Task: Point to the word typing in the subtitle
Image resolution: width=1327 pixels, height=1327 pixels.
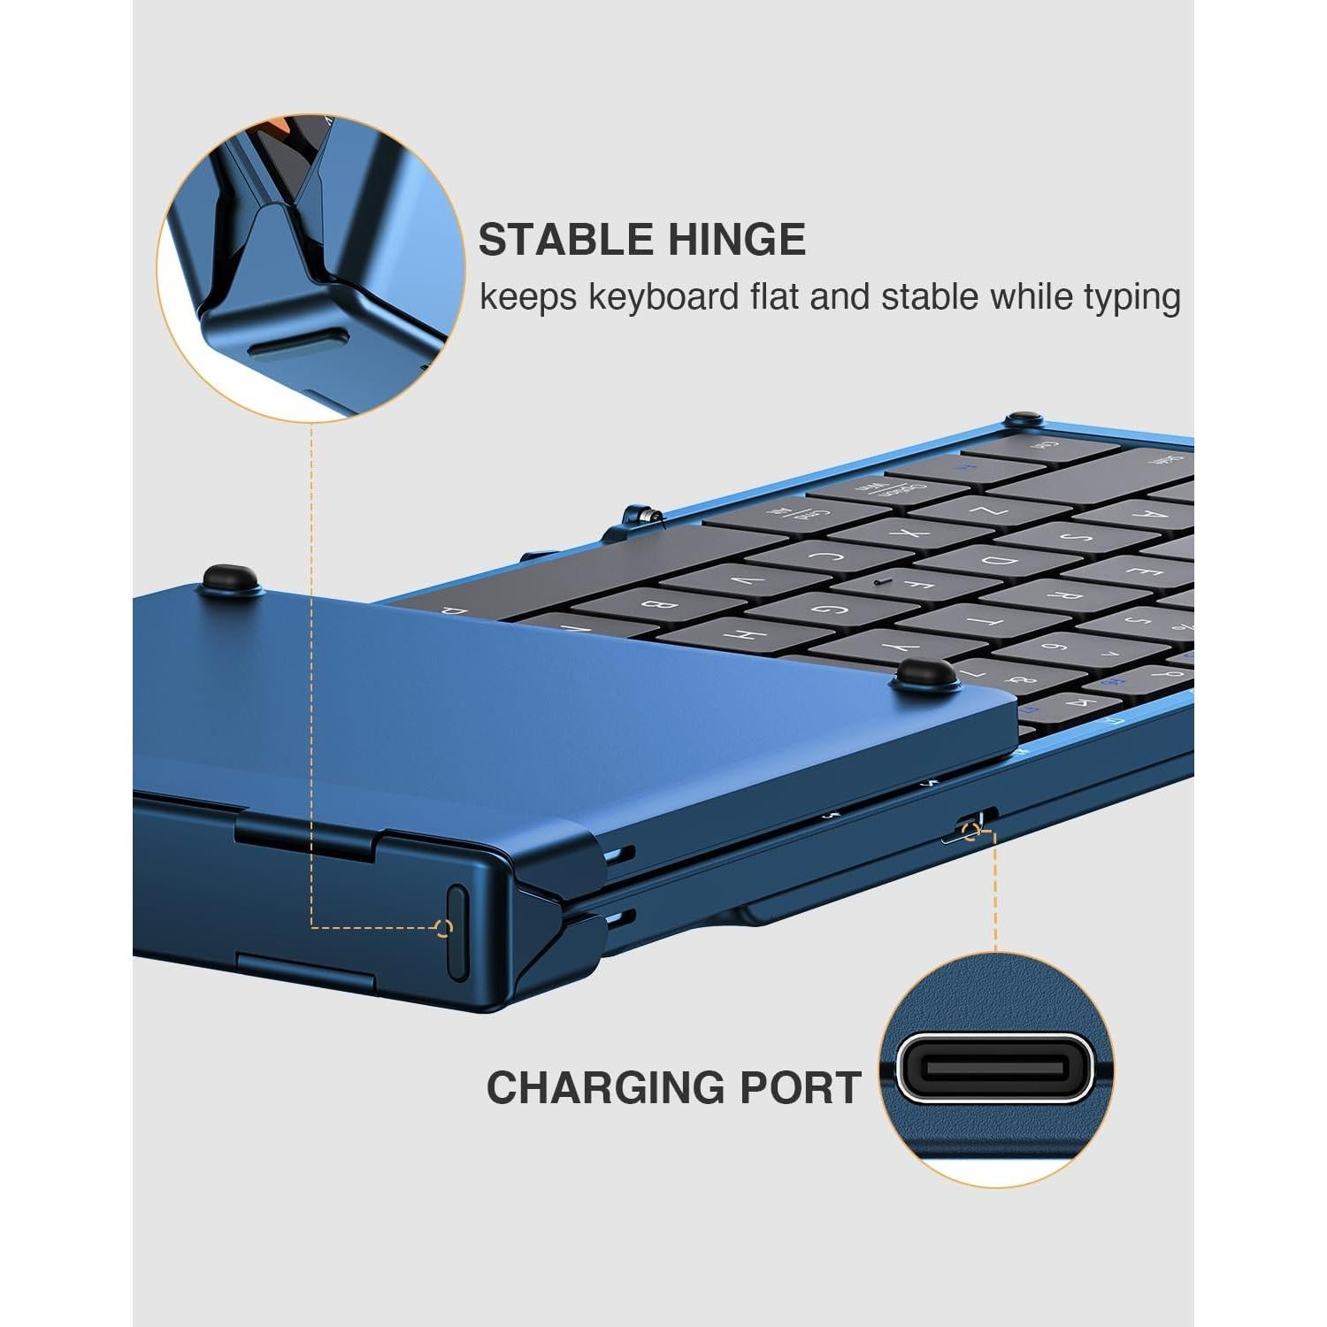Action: (1132, 298)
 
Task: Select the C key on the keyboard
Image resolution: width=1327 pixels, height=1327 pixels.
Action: (827, 557)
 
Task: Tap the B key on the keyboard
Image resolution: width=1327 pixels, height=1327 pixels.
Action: (659, 605)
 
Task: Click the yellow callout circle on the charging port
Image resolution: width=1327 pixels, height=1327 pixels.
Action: (972, 831)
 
